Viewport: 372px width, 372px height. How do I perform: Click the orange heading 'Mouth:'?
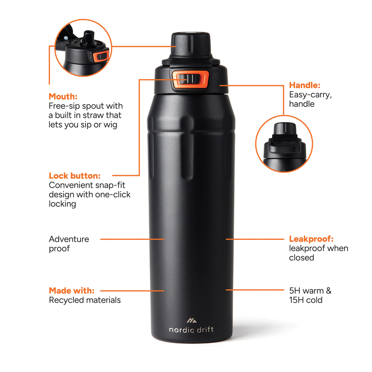[63, 97]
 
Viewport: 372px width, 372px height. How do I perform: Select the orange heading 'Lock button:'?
[74, 176]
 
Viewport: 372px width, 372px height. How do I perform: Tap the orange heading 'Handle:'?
[304, 85]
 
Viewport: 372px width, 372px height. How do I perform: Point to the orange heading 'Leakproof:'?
[311, 239]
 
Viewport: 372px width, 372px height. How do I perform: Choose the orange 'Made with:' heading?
[72, 291]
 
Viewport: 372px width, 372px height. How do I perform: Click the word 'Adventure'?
[69, 239]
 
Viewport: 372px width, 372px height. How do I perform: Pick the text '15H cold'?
[306, 300]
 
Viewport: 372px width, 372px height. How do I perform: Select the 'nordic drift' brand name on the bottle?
[191, 330]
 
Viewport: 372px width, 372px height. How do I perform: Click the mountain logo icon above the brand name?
[191, 320]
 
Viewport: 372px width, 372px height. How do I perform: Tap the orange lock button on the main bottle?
[190, 80]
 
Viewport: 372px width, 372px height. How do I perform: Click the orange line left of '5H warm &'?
[254, 290]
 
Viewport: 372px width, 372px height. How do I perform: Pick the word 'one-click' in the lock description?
[113, 194]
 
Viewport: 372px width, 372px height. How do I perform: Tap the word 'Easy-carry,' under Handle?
[310, 95]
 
